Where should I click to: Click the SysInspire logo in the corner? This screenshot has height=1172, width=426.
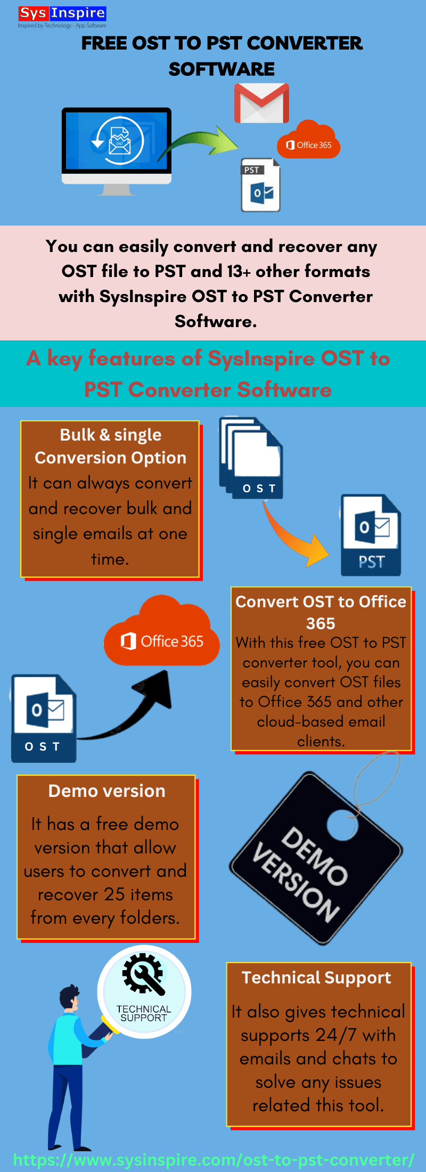point(62,17)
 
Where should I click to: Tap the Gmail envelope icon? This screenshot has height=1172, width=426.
point(261,103)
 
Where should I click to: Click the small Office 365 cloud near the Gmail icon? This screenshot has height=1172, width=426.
point(308,141)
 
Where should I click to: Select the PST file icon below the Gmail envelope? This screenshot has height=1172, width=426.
point(260,185)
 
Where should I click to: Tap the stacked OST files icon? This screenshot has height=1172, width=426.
point(251,458)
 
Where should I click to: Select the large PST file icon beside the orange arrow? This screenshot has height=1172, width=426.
point(371,535)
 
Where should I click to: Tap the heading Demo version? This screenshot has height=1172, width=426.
point(106,791)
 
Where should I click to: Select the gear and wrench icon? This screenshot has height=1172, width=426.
point(143,974)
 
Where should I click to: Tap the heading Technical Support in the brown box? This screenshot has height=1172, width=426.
point(316,978)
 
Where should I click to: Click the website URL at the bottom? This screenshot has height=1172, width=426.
point(213,1160)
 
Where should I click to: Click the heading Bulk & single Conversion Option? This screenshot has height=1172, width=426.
point(111,446)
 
